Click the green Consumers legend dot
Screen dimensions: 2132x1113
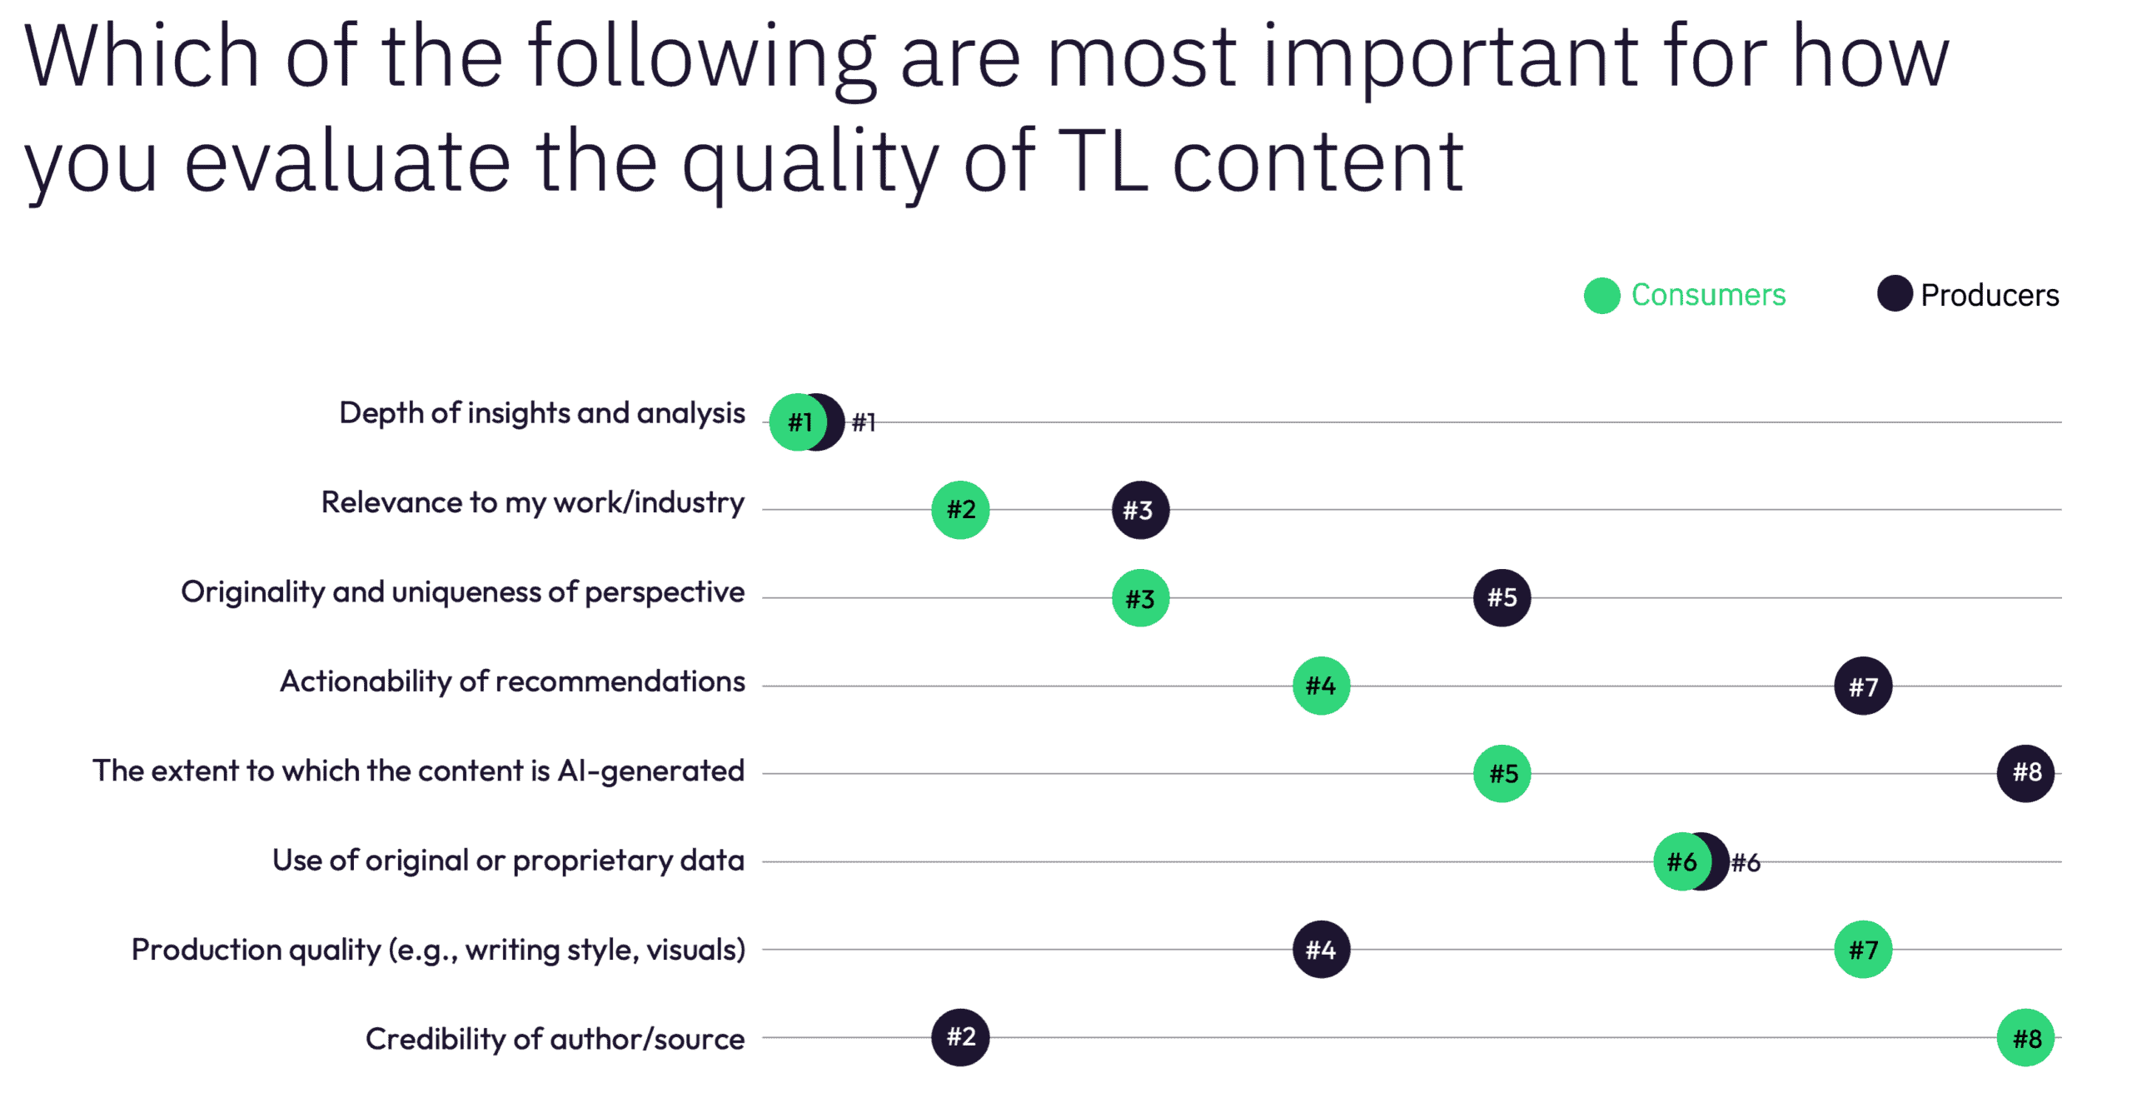(1601, 295)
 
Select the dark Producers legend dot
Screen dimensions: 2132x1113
(1894, 293)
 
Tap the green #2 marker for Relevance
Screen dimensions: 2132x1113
(959, 509)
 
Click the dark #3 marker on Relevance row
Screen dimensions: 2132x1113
(1139, 509)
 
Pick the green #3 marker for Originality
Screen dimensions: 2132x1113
(1139, 597)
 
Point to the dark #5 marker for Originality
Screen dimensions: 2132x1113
(1501, 597)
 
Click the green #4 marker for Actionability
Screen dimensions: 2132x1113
(1320, 686)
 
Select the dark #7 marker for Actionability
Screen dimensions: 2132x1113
(1862, 686)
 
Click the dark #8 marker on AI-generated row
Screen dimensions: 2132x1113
(2025, 773)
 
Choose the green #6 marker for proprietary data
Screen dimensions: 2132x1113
(1681, 861)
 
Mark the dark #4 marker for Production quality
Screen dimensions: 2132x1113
(1320, 949)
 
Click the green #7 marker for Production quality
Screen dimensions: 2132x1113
(1862, 949)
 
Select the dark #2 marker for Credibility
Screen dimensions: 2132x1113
(959, 1037)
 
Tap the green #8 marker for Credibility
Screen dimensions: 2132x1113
(2025, 1037)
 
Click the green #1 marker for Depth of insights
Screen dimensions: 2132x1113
(797, 422)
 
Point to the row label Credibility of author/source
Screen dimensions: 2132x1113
(555, 1039)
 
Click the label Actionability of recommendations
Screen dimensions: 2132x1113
(512, 681)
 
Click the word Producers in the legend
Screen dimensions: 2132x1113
(1990, 295)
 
